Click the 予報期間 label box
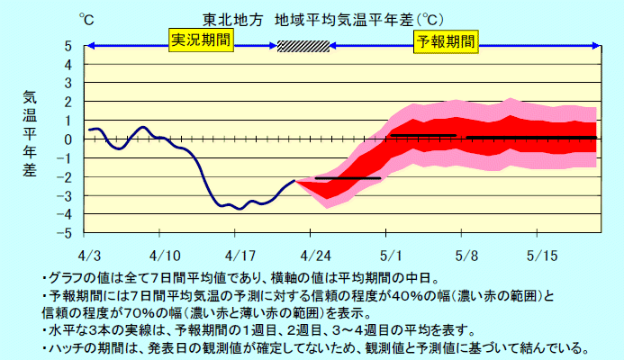click(x=445, y=40)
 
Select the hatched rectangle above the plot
click(x=303, y=46)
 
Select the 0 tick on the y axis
click(x=68, y=139)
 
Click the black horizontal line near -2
click(x=347, y=178)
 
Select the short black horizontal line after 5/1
click(x=423, y=135)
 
